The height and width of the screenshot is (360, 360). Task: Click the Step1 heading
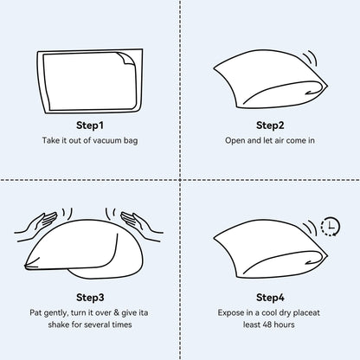[90, 124]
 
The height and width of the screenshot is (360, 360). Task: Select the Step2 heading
[270, 124]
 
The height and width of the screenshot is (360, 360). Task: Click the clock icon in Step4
[330, 228]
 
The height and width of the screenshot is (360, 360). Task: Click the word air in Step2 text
[277, 140]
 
